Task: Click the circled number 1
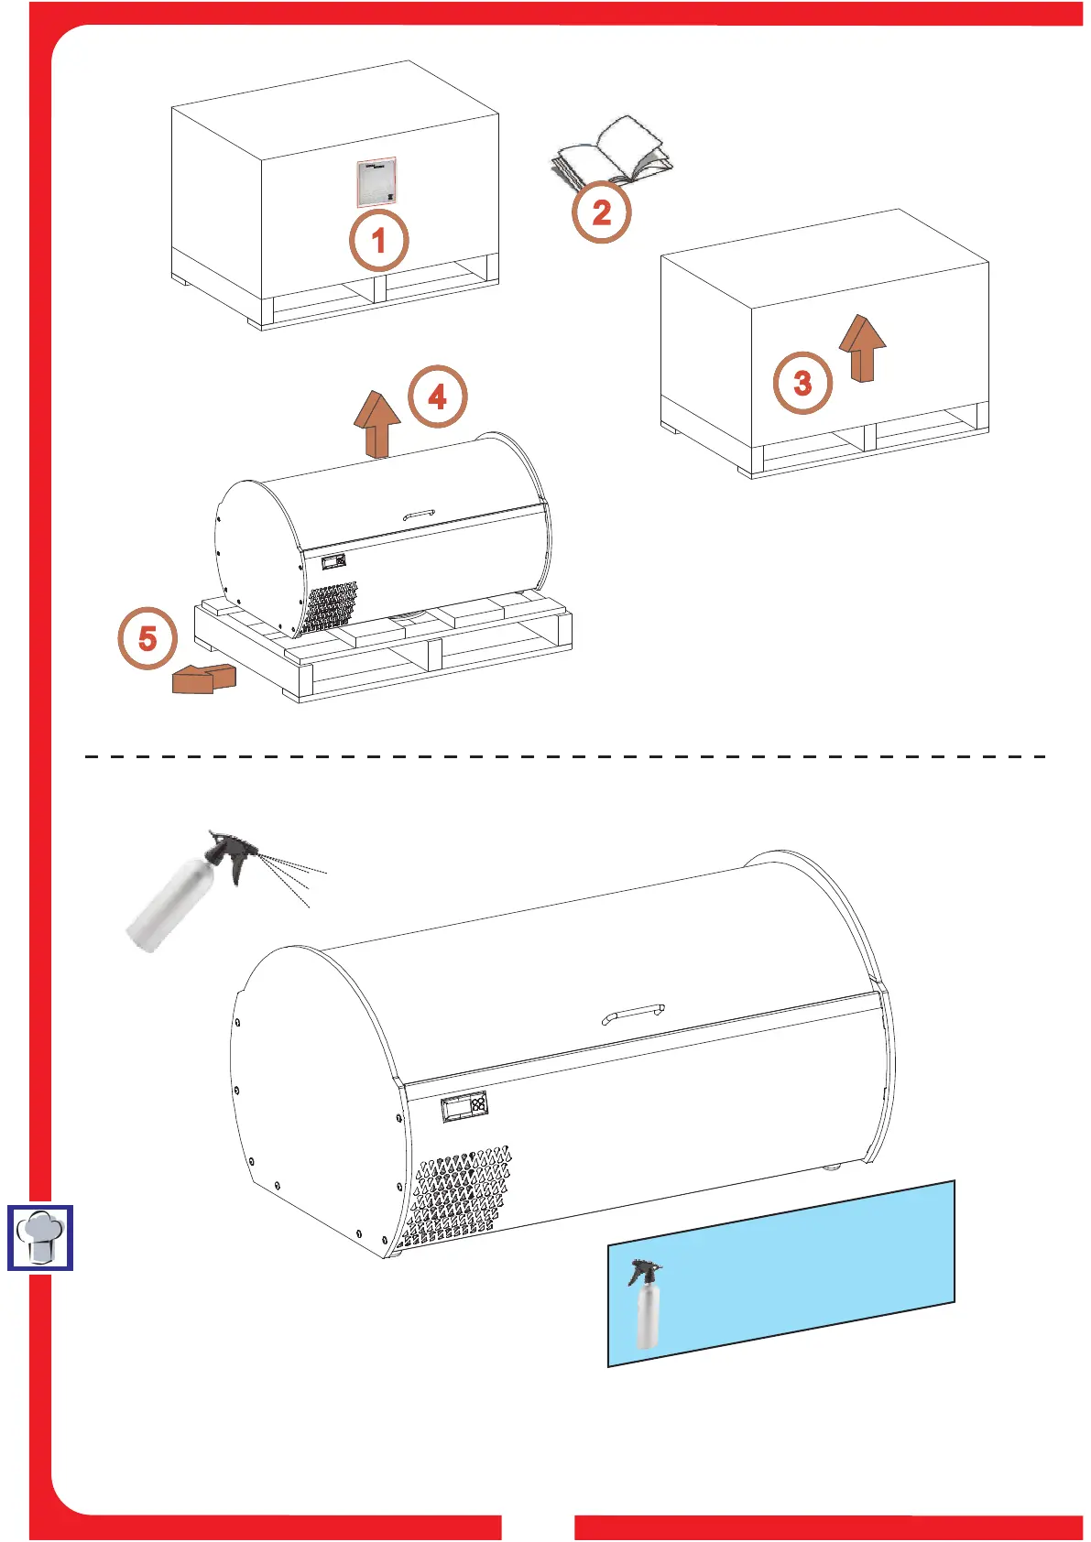point(378,241)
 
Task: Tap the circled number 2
point(601,212)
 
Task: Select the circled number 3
point(802,383)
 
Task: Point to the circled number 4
point(437,397)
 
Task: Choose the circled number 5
point(147,638)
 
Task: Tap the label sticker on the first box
point(376,182)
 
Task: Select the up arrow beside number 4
point(377,423)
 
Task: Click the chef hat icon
point(40,1238)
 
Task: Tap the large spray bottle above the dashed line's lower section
point(174,902)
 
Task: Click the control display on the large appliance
point(464,1106)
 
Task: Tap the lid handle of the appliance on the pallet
point(420,516)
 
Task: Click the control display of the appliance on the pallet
point(333,560)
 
